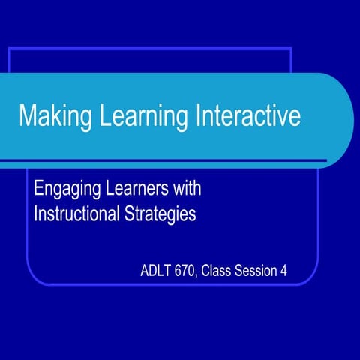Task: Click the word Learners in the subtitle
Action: tap(139, 186)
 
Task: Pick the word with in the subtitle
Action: tap(188, 186)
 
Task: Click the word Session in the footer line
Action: tap(259, 271)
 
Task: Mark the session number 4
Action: tap(284, 271)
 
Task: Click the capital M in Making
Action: tap(28, 118)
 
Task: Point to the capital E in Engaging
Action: tap(38, 186)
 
